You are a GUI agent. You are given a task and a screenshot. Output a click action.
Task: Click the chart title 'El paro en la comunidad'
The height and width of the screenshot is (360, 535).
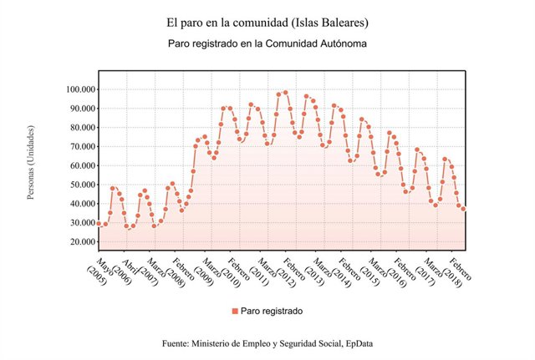pos(267,21)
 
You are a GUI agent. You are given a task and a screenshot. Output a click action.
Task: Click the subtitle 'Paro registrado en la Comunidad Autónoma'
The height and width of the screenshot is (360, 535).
pos(267,41)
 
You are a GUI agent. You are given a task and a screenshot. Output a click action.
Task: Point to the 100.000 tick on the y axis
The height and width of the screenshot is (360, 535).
pos(74,89)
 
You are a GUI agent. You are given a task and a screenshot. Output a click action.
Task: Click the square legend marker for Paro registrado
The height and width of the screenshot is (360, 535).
pos(235,311)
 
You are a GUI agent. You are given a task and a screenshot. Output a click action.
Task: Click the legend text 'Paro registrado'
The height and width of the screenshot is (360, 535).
pos(271,311)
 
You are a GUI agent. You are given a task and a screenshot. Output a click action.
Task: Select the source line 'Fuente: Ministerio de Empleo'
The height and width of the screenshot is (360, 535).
pos(267,343)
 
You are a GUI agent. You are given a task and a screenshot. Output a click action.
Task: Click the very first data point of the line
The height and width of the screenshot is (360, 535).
pos(99,224)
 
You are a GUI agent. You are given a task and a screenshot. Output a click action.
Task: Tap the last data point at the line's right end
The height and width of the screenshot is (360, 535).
pos(464,209)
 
